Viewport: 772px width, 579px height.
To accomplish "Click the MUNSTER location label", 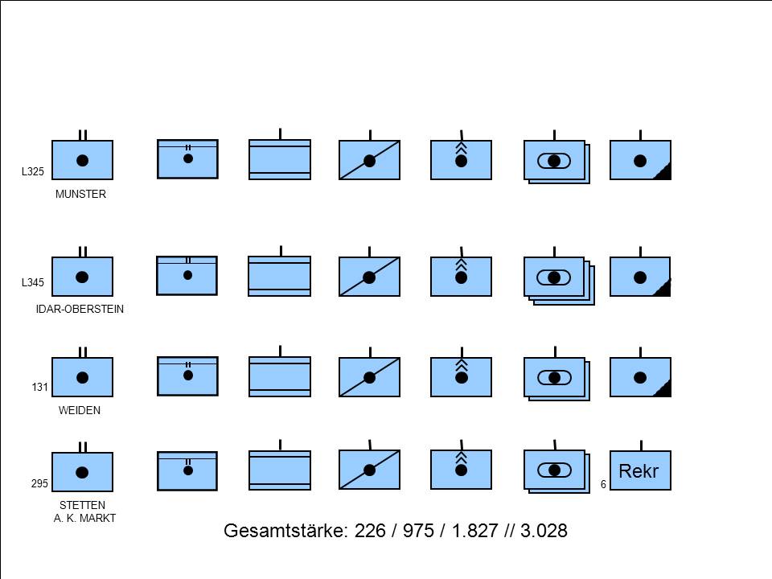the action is (x=80, y=194).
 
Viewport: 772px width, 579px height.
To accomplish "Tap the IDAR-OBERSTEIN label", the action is (x=80, y=309).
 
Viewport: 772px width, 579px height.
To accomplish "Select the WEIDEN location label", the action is (x=80, y=410).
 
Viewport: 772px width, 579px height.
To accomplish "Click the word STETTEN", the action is (x=82, y=505).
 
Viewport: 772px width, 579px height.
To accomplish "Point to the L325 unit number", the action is (x=32, y=171).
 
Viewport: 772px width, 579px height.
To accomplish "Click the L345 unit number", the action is (x=32, y=282).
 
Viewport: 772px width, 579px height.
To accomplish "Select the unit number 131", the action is (x=39, y=387).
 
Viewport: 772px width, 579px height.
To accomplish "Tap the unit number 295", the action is (x=39, y=483).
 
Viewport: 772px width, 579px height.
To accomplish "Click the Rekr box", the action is (x=640, y=470).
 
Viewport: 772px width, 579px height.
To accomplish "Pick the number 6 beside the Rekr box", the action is (x=603, y=484).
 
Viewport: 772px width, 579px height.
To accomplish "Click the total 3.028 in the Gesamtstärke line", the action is (x=544, y=531).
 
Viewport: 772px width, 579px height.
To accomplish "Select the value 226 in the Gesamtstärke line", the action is (x=370, y=531).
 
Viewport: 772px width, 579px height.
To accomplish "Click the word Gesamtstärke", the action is (x=286, y=531).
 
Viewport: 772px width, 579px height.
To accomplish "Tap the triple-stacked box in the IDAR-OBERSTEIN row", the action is (x=559, y=280).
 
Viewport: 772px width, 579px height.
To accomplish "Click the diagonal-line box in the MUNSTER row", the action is (x=369, y=160).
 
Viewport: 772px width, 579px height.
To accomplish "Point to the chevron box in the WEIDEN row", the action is (x=461, y=377).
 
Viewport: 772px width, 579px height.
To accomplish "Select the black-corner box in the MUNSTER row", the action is (x=640, y=160).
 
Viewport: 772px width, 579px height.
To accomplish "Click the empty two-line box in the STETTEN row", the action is (x=280, y=470).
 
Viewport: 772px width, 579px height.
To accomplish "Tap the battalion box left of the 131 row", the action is (x=82, y=377).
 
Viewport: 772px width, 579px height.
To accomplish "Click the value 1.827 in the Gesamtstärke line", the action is (x=474, y=531).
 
